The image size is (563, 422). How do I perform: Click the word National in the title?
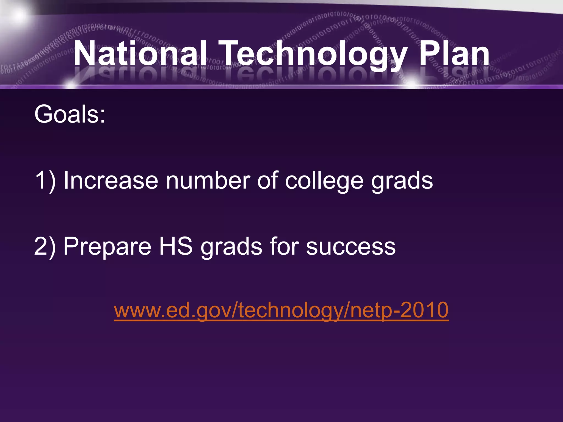140,54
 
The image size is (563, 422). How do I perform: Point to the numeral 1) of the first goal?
45,181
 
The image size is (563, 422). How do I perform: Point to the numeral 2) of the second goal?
45,246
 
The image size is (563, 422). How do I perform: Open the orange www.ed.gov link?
281,310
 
